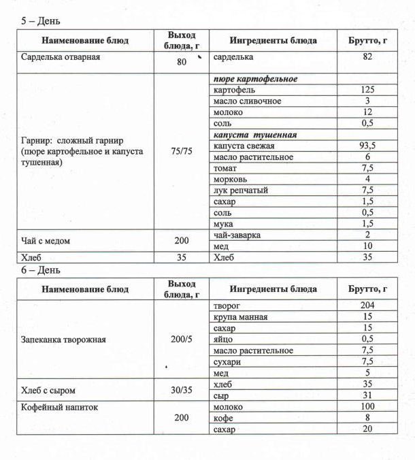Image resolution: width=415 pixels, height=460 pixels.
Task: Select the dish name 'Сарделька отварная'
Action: [61, 57]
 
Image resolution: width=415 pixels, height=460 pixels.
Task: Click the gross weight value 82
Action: [367, 57]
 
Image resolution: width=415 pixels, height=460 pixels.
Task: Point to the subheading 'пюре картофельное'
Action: [254, 79]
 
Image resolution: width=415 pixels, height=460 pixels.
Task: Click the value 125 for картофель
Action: [367, 91]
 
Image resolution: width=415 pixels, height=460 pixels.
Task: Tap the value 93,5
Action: [367, 146]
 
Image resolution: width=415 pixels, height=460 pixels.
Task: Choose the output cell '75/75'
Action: [181, 152]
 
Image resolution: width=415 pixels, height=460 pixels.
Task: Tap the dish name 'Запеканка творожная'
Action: [64, 339]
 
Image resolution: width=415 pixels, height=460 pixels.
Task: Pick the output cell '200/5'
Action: [181, 339]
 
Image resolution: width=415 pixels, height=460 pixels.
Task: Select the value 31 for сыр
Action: [367, 395]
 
